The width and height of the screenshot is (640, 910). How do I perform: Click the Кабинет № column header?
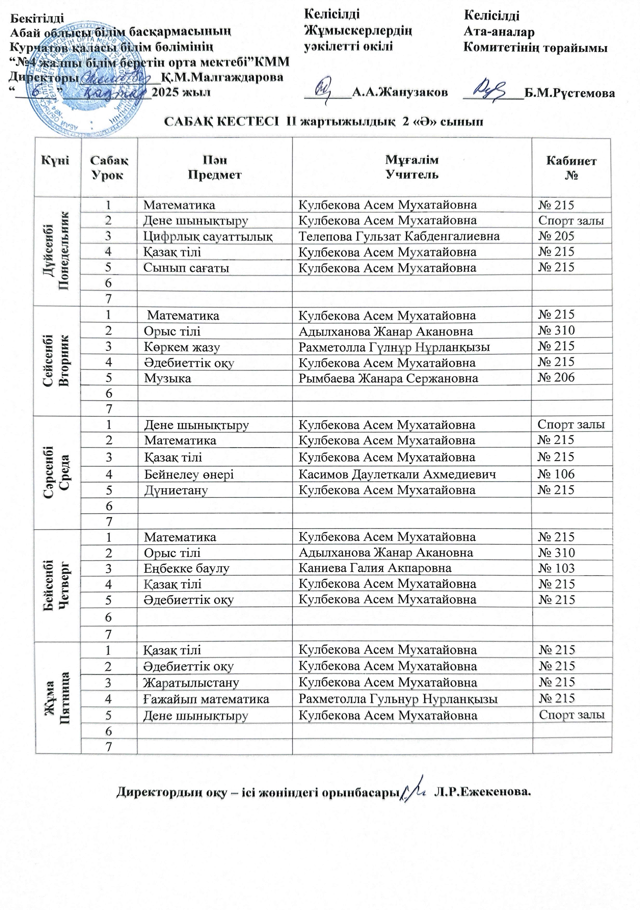[571, 168]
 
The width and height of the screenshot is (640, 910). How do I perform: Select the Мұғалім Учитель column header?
[412, 168]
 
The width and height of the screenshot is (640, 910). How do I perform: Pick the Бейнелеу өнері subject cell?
[189, 474]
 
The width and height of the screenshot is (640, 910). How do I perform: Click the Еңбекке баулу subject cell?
[187, 568]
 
